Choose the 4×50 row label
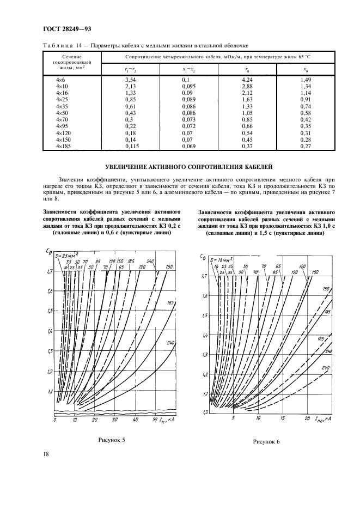click(x=63, y=113)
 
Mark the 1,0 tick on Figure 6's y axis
click(x=205, y=412)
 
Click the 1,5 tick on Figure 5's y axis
click(x=50, y=311)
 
